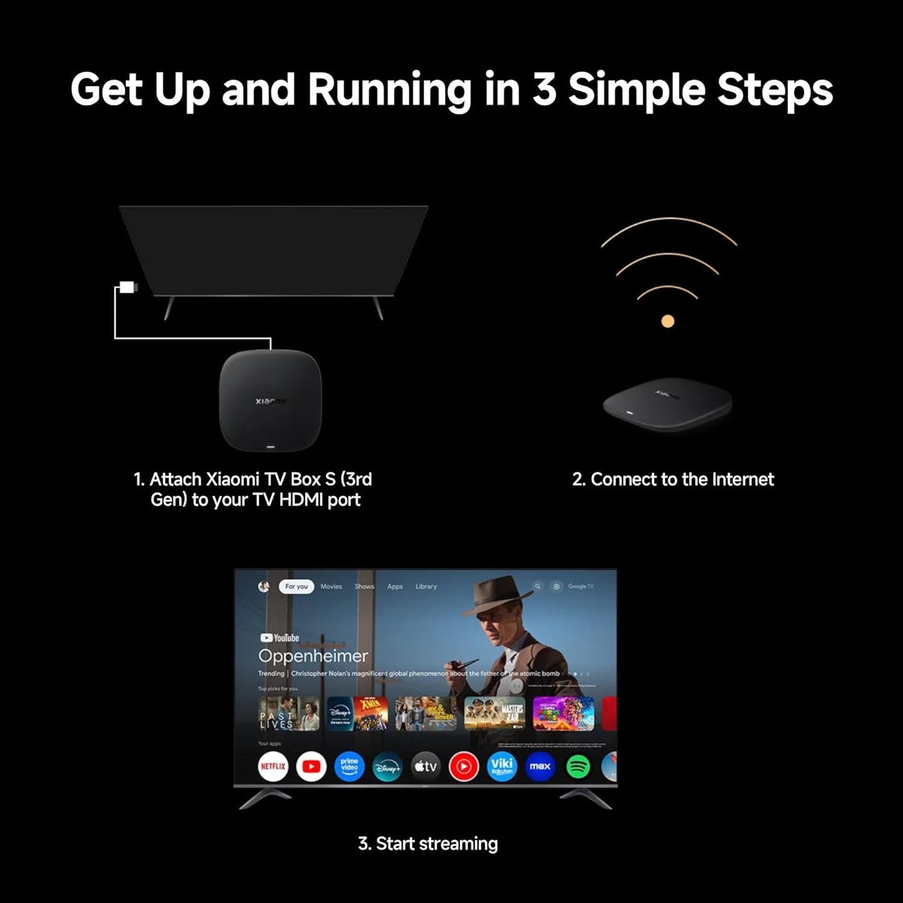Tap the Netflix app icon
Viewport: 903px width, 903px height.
pyautogui.click(x=273, y=766)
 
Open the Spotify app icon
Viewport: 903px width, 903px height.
pyautogui.click(x=578, y=766)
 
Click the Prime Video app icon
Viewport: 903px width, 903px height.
pyautogui.click(x=349, y=766)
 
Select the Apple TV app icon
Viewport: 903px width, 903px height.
pyautogui.click(x=426, y=766)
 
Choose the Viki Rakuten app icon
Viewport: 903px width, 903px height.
pyautogui.click(x=502, y=766)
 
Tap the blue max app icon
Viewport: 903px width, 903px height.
pyautogui.click(x=540, y=766)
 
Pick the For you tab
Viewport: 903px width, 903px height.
pyautogui.click(x=296, y=587)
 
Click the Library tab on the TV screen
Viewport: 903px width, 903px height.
pyautogui.click(x=426, y=587)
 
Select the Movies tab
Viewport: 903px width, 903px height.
pyautogui.click(x=331, y=587)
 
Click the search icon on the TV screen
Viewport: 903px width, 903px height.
pyautogui.click(x=537, y=587)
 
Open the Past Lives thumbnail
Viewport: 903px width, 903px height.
pyautogui.click(x=289, y=714)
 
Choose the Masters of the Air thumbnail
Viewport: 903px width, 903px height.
pyautogui.click(x=494, y=714)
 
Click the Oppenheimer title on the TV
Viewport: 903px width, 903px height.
pyautogui.click(x=313, y=656)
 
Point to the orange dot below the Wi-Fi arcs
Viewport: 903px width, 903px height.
pyautogui.click(x=667, y=321)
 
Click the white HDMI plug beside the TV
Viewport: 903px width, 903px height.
pyautogui.click(x=127, y=287)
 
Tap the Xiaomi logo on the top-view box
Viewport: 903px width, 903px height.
pyautogui.click(x=271, y=401)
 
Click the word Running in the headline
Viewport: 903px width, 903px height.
pyautogui.click(x=389, y=89)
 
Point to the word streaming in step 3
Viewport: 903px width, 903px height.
pyautogui.click(x=458, y=844)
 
